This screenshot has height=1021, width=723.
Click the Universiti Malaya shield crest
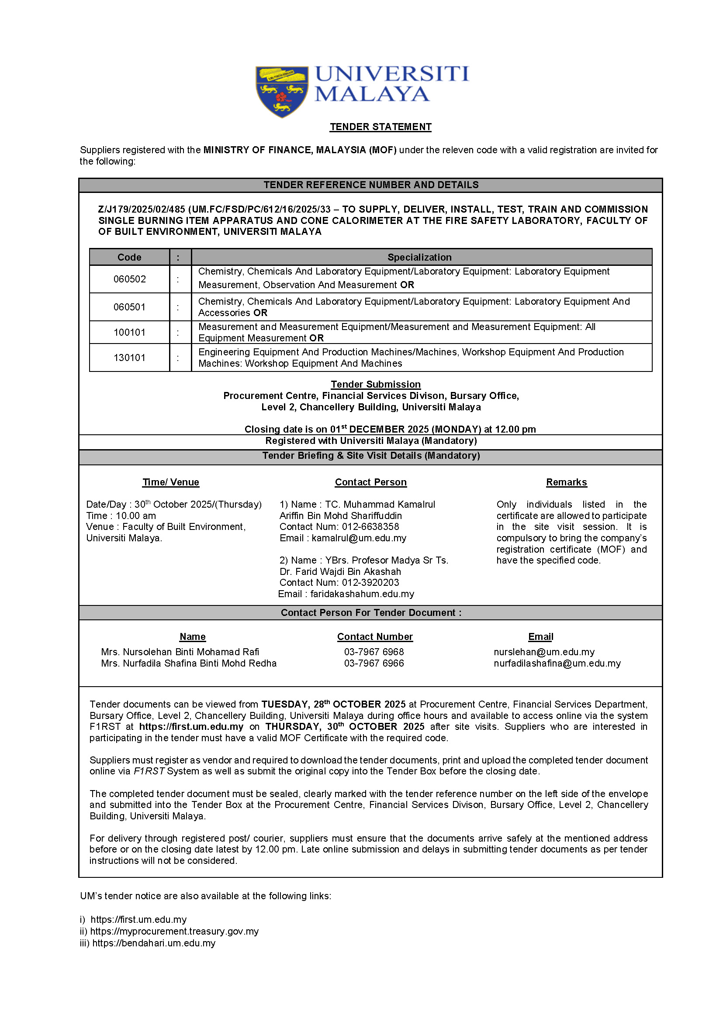(282, 92)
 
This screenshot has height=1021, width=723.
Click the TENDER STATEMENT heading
(380, 127)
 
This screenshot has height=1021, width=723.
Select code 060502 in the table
(130, 279)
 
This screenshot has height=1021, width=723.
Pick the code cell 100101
(130, 332)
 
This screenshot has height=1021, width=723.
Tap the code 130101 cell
(130, 358)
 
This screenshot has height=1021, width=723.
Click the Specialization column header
(419, 257)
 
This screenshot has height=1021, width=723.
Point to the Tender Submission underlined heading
(375, 385)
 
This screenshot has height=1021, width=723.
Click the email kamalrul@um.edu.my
(359, 538)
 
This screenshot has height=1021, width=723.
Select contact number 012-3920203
(370, 583)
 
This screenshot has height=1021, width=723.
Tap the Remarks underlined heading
(566, 482)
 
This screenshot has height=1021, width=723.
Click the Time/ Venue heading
(170, 482)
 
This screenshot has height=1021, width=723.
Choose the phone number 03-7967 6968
(374, 652)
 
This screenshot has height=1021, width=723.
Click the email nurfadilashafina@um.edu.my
(557, 664)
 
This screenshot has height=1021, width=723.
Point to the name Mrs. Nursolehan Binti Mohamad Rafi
(180, 652)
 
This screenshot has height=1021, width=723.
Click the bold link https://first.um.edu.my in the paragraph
(191, 727)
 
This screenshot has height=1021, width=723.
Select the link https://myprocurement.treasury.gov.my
(174, 932)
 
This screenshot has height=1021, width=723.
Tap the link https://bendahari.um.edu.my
(154, 943)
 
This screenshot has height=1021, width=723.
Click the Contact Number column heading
(375, 637)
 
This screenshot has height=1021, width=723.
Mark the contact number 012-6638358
(370, 527)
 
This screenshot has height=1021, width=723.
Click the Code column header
(130, 257)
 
